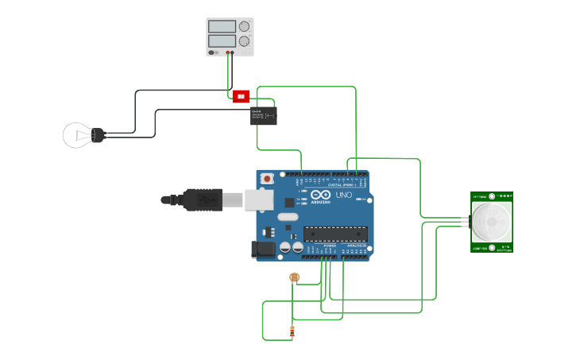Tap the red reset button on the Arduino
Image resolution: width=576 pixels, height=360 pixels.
click(x=267, y=178)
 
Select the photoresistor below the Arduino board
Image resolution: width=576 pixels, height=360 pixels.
click(x=294, y=277)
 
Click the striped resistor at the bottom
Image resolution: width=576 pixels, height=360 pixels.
click(x=292, y=331)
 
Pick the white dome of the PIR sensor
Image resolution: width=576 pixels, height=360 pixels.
click(x=492, y=222)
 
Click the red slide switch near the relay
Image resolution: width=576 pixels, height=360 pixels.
click(x=241, y=96)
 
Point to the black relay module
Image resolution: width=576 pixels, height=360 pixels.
click(x=264, y=115)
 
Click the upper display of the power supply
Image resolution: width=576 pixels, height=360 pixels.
click(x=222, y=26)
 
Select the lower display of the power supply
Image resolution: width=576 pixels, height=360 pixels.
click(x=222, y=41)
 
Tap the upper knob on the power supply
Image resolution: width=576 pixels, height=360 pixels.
click(x=244, y=26)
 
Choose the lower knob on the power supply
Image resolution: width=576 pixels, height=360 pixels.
click(x=244, y=41)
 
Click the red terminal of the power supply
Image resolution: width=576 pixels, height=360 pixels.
click(x=227, y=52)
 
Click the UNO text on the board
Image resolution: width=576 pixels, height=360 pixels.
click(x=344, y=195)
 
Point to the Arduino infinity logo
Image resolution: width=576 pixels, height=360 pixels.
click(x=320, y=195)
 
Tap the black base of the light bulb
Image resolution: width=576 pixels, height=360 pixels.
click(x=99, y=135)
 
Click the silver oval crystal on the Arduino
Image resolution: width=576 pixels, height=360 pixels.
click(x=288, y=217)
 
